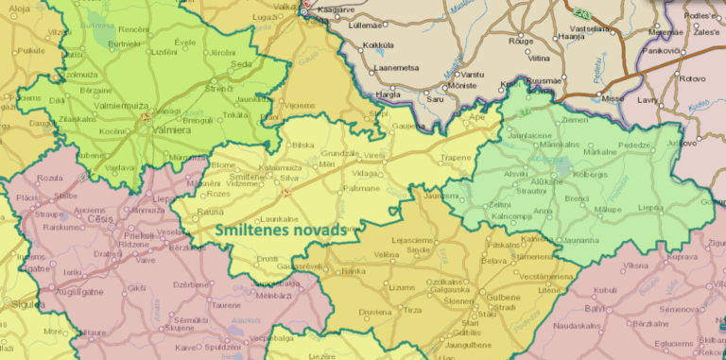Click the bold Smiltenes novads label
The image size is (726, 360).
pos(277,229)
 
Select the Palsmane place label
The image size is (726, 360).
pos(360,188)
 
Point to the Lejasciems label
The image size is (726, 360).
pos(410,240)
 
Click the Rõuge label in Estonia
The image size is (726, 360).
pos(521,42)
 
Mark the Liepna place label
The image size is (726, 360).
pos(650,207)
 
